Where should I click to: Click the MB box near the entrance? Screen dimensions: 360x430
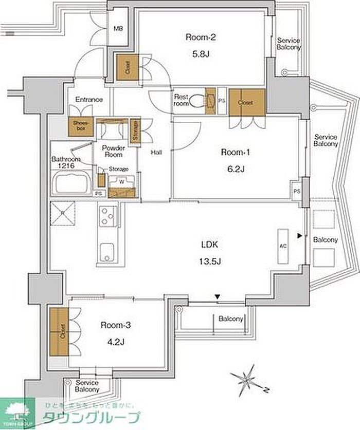pyautogui.click(x=118, y=29)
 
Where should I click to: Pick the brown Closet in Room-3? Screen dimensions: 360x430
pyautogui.click(x=60, y=332)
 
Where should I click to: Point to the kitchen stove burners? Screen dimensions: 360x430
pyautogui.click(x=107, y=216)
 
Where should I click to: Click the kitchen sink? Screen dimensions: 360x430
pyautogui.click(x=107, y=251)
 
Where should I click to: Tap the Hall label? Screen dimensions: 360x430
pyautogui.click(x=156, y=152)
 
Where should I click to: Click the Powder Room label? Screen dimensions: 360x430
pyautogui.click(x=114, y=151)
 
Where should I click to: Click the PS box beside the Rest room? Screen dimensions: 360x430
pyautogui.click(x=222, y=101)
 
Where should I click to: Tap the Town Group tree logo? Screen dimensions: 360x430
pyautogui.click(x=17, y=412)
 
